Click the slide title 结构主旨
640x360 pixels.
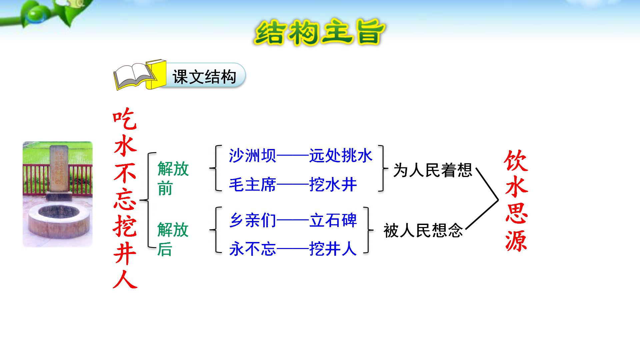(x=319, y=33)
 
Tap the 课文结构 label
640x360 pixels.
(x=204, y=77)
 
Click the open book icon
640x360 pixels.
(x=135, y=76)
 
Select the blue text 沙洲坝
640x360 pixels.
(x=252, y=156)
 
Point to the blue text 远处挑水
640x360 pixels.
(x=340, y=156)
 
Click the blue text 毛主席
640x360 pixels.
(x=252, y=185)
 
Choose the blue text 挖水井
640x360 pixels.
(x=333, y=185)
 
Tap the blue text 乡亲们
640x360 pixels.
(x=252, y=220)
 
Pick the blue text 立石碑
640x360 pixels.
(x=333, y=220)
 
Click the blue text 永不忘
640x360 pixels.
(x=252, y=249)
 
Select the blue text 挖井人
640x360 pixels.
(x=333, y=249)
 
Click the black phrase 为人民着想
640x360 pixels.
(x=432, y=170)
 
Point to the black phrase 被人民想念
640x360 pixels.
(x=423, y=230)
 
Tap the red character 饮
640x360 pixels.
(x=516, y=161)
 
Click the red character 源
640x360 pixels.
(x=516, y=240)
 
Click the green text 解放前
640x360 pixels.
(x=172, y=178)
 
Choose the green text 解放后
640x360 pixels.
(x=172, y=239)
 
